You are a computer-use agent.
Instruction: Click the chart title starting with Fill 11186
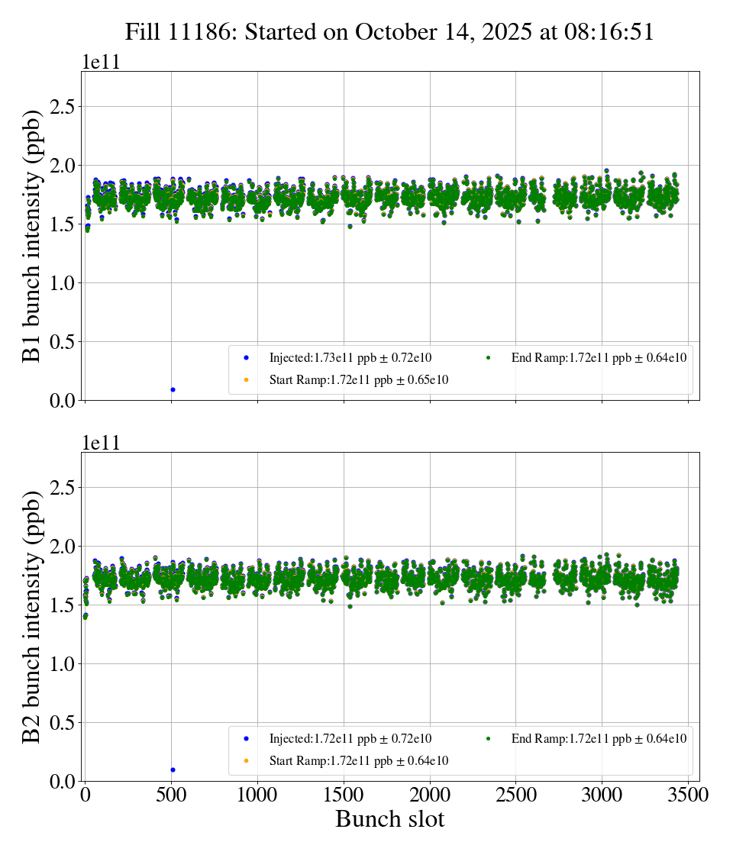[389, 32]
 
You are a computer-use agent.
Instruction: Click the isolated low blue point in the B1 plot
[173, 389]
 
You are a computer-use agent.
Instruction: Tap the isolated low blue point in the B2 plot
[173, 769]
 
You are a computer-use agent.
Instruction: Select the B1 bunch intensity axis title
[31, 236]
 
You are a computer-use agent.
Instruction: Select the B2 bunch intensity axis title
[31, 617]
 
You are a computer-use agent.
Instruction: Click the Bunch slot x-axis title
[389, 820]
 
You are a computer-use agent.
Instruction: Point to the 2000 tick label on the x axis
[430, 795]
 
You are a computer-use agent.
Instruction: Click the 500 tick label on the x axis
[171, 795]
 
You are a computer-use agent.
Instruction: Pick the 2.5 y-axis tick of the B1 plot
[65, 106]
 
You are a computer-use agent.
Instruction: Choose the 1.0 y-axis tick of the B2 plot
[65, 664]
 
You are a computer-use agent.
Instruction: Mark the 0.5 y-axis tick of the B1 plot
[65, 342]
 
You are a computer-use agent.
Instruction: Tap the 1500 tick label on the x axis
[344, 795]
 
